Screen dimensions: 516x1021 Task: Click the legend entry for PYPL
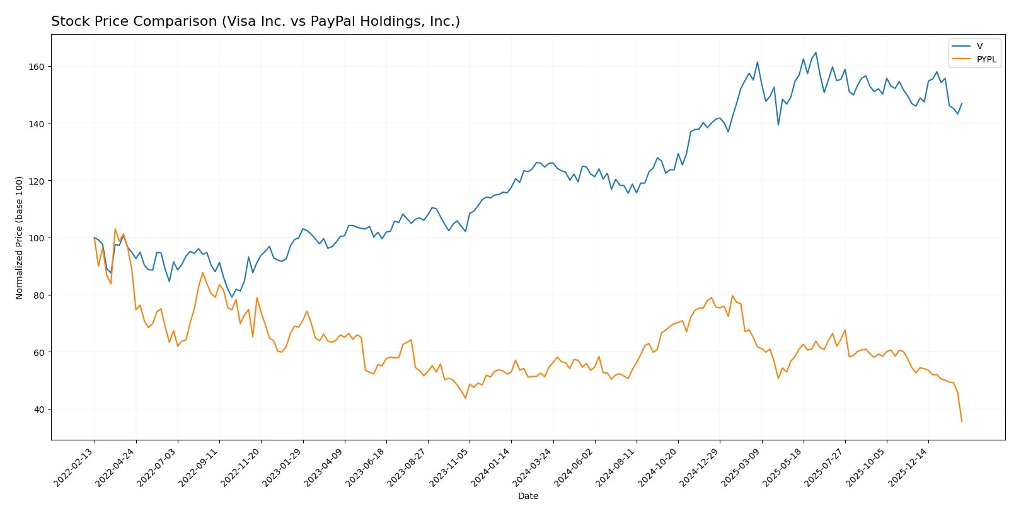986,59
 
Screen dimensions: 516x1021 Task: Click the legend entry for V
979,46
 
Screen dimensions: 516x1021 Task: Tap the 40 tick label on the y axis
38,410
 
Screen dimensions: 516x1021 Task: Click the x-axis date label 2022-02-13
74,467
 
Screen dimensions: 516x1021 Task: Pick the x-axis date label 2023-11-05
449,467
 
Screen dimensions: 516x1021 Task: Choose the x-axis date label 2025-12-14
908,467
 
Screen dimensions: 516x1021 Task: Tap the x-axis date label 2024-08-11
616,467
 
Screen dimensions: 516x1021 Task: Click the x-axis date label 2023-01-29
282,467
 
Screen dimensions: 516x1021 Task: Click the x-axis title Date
528,496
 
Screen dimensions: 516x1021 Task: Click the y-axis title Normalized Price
20,238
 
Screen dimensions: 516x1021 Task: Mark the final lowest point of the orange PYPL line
962,421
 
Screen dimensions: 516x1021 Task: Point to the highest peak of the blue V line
816,53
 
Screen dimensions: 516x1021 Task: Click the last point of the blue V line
962,103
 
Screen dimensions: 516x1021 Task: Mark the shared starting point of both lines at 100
95,238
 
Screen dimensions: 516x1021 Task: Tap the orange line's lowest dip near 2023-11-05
466,398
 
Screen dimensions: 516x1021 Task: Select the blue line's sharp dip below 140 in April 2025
778,125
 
